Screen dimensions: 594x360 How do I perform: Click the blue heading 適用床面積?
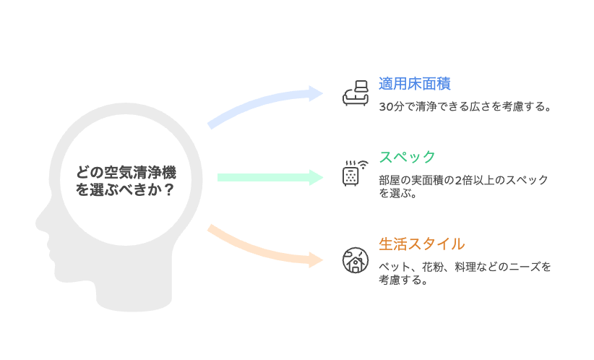coord(415,84)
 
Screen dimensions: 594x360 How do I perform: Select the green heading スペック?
coord(408,157)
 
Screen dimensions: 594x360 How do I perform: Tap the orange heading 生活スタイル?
coord(421,244)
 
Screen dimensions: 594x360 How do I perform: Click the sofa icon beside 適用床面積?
coord(356,93)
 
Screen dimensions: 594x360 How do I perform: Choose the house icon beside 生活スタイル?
coord(356,260)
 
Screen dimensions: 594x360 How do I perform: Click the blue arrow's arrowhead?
coord(316,93)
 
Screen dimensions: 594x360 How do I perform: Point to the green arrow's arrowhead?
coord(316,177)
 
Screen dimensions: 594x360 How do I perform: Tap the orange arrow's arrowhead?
coord(316,260)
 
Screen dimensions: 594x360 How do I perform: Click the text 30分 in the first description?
coord(392,106)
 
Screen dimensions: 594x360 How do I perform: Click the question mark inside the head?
coord(169,189)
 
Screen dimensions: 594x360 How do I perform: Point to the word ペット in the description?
coord(395,267)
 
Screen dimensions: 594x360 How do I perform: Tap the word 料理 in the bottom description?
coord(465,267)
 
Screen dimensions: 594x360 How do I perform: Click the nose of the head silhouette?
coord(40,223)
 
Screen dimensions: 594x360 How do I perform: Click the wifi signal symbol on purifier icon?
coord(363,165)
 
